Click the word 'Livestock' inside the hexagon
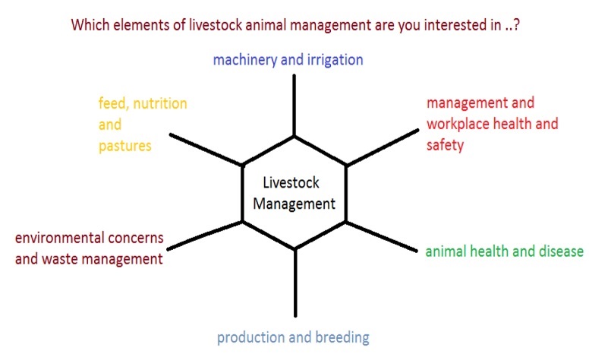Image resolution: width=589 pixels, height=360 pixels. [291, 182]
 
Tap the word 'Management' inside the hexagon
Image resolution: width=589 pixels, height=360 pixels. [294, 204]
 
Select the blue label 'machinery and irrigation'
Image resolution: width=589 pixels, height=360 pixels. [288, 60]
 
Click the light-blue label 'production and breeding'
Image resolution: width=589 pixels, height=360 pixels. [293, 337]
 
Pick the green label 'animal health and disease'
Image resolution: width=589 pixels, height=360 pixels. [505, 251]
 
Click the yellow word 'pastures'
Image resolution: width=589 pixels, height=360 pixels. [124, 146]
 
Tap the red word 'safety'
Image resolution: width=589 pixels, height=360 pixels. [445, 145]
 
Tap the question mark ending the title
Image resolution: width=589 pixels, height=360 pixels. [516, 25]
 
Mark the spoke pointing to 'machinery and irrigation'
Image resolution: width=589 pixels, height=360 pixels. [294, 106]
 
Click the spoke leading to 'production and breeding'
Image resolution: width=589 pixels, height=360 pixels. [295, 283]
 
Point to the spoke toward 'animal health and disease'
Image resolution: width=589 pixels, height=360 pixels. [381, 237]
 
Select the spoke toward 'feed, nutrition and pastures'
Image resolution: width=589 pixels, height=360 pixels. [206, 150]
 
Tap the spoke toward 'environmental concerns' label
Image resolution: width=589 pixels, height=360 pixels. [205, 235]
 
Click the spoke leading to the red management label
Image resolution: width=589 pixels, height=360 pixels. [383, 147]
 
